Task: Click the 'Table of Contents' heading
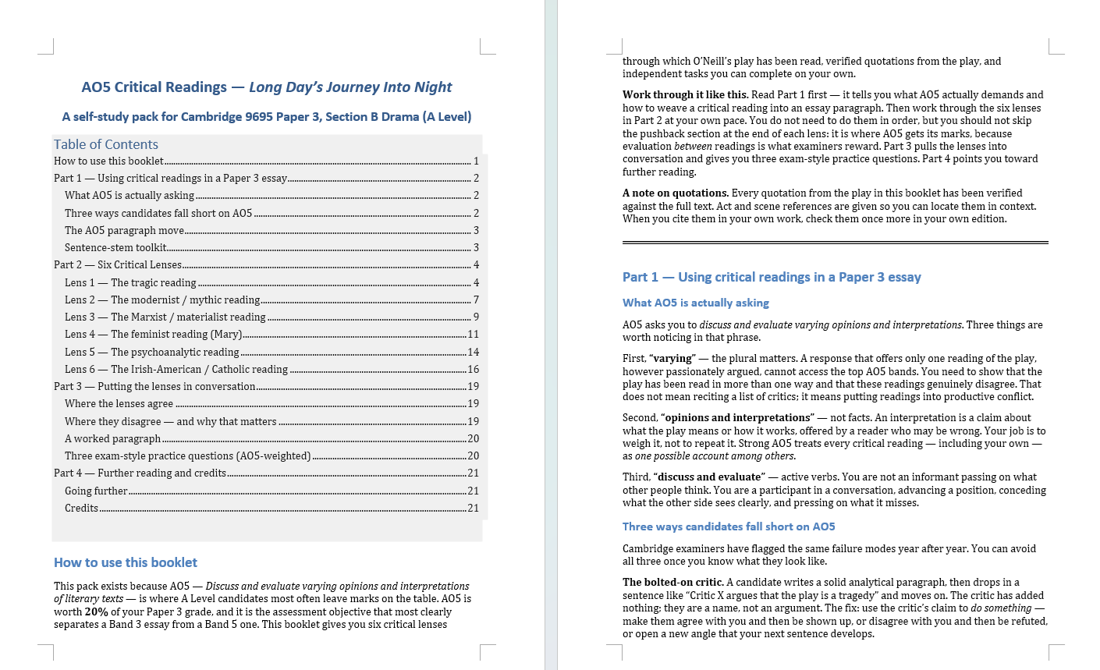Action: coord(106,144)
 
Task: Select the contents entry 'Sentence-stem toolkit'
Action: coord(115,248)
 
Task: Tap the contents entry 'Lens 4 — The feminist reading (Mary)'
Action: coord(153,335)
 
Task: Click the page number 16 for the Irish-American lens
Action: coord(473,370)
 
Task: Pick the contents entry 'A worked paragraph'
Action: coord(112,439)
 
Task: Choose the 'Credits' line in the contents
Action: coord(81,509)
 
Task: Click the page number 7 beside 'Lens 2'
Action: coord(476,300)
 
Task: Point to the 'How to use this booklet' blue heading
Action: coord(126,562)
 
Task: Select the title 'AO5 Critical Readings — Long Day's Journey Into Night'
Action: coord(267,87)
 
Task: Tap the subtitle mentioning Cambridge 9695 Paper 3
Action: coord(267,117)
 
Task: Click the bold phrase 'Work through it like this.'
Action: coord(685,95)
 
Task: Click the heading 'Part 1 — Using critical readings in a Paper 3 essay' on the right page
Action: coord(772,277)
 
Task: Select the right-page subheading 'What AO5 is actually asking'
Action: coord(696,303)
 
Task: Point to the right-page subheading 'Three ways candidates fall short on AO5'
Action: coord(729,526)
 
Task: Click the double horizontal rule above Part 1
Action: coord(835,243)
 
